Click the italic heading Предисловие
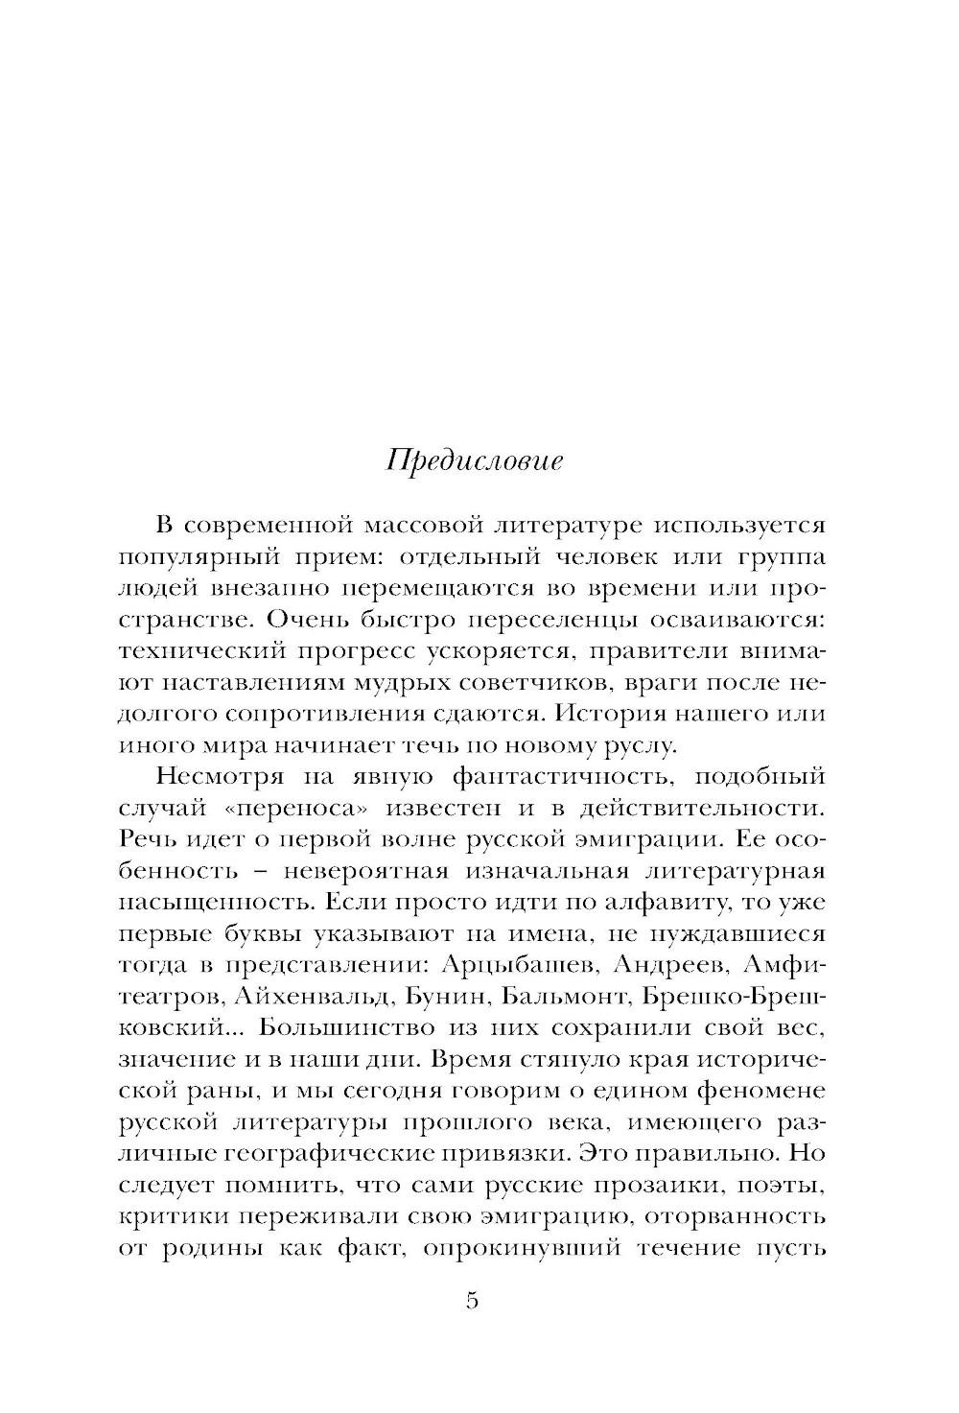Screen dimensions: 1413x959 click(x=475, y=461)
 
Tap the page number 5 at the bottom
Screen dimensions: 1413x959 click(x=472, y=1301)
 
